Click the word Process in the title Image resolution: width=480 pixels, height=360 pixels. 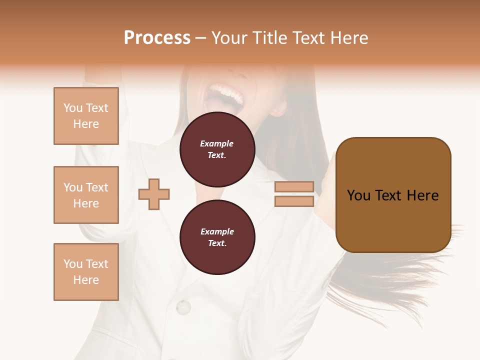[x=157, y=37]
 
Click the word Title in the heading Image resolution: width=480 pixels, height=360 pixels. [x=266, y=37]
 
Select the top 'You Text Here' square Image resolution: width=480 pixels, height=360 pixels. [x=86, y=116]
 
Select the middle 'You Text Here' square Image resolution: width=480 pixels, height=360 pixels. [x=86, y=195]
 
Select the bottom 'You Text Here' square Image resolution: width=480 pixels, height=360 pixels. [x=86, y=271]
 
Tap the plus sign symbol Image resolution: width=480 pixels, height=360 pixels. [x=154, y=194]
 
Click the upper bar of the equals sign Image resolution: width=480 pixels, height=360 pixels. [x=294, y=186]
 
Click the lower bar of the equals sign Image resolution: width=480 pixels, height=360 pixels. [x=294, y=201]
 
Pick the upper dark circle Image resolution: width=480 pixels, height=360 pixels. [x=217, y=149]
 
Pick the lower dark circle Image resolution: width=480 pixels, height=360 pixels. [x=217, y=237]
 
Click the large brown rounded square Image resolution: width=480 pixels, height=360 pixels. [x=393, y=195]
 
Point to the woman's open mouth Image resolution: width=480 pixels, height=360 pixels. [x=227, y=100]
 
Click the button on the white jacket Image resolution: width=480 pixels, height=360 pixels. [x=183, y=306]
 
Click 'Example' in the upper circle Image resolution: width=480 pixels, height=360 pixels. [x=216, y=143]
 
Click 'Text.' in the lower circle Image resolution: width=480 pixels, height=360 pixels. [x=217, y=243]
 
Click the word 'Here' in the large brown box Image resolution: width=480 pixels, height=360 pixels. [x=422, y=195]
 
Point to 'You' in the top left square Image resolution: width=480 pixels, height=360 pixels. [x=73, y=108]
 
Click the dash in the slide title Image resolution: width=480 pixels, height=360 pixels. [x=201, y=38]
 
